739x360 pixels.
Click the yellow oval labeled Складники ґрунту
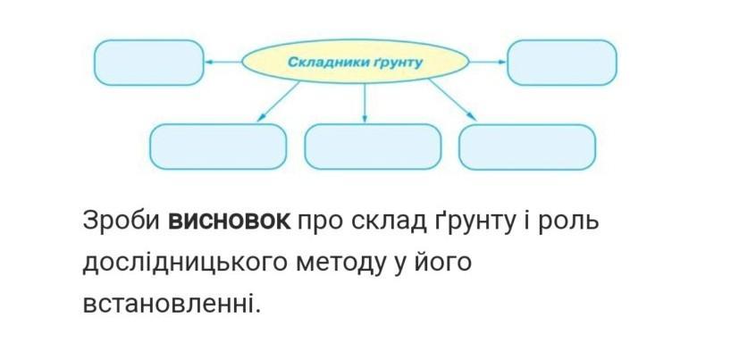click(x=356, y=62)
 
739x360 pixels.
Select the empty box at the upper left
click(x=148, y=63)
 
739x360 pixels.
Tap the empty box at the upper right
click(x=562, y=62)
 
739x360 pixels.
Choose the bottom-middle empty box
click(x=373, y=147)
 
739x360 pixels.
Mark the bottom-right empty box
click(x=527, y=147)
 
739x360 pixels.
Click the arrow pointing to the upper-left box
click(x=223, y=63)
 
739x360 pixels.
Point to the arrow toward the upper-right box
click(x=488, y=62)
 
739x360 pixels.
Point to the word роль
click(x=565, y=220)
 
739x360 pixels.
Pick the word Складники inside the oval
click(x=323, y=63)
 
